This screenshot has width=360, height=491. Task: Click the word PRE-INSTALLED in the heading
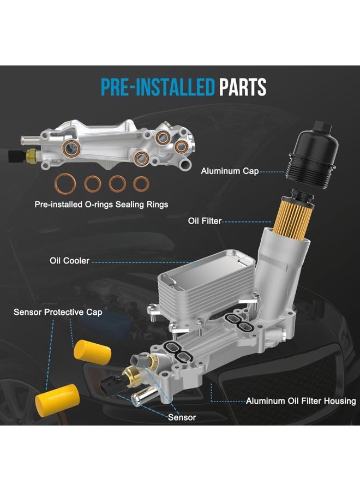(158, 87)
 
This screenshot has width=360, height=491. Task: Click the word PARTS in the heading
(243, 87)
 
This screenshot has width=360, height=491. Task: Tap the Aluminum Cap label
(230, 171)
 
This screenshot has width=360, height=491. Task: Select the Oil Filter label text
(205, 221)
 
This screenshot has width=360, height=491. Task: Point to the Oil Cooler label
(69, 261)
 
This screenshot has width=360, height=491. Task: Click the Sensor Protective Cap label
(58, 312)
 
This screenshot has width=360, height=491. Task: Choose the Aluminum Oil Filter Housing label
(301, 401)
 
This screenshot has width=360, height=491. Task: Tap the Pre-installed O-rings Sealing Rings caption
(101, 205)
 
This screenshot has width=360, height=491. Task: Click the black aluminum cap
(313, 155)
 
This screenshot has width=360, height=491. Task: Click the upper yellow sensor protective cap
(92, 352)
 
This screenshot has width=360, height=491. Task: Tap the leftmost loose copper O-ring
(65, 184)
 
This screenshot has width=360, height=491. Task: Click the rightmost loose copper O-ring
(141, 184)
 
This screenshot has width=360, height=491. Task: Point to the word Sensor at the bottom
(182, 417)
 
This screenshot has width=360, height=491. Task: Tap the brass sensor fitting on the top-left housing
(32, 154)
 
